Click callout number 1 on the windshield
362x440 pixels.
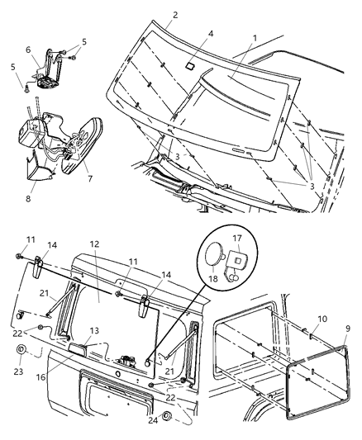point(254,38)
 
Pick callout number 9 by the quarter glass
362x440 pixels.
point(348,328)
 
